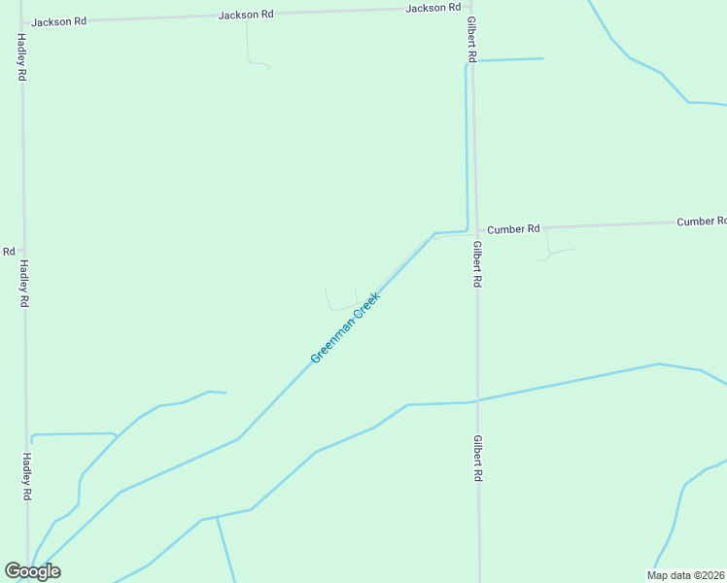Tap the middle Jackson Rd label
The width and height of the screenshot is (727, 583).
[x=246, y=15]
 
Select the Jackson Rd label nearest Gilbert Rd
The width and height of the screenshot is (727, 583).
[x=433, y=8]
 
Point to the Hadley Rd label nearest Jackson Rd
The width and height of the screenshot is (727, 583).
[x=20, y=57]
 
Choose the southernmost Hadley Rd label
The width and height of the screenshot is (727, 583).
[x=27, y=477]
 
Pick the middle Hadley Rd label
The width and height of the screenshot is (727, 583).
[x=24, y=284]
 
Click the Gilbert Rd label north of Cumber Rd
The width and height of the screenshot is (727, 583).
[x=469, y=40]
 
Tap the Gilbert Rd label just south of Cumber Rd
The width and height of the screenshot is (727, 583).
[x=476, y=264]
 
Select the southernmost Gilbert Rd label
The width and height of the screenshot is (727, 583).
[x=478, y=459]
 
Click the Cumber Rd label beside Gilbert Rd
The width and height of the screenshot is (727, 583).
[x=513, y=229]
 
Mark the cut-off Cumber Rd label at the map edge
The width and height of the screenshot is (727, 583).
[x=701, y=222]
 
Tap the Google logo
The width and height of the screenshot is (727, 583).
[x=33, y=571]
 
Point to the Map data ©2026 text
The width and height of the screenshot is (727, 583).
[x=686, y=575]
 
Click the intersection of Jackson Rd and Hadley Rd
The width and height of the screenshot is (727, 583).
[x=21, y=21]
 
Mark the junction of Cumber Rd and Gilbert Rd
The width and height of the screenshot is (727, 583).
[x=474, y=230]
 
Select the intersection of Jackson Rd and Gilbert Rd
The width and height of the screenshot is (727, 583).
[x=468, y=8]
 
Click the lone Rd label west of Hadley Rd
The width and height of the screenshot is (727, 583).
[x=8, y=251]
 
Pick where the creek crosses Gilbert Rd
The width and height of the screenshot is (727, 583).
[x=476, y=400]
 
